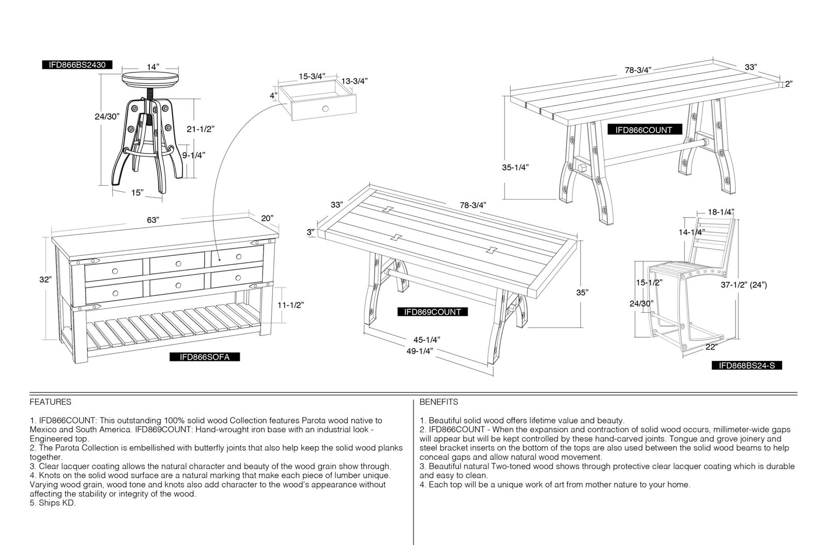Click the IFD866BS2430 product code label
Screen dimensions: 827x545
pos(77,65)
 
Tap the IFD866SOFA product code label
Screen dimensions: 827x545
pos(205,357)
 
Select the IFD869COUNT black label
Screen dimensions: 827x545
pos(432,312)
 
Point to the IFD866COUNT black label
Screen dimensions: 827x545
pos(644,130)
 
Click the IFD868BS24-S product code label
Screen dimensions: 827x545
pos(747,366)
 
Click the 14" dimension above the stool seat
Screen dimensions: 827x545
pos(153,67)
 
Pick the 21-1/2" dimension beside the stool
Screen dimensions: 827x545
pos(201,129)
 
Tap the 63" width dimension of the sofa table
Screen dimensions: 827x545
pos(153,220)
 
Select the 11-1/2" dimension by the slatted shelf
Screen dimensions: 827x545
pos(290,305)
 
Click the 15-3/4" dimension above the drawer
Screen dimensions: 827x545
pos(312,77)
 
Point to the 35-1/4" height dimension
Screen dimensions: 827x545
pos(515,167)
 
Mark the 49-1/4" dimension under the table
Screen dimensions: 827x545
pos(419,351)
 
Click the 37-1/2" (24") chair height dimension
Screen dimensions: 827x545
pos(744,285)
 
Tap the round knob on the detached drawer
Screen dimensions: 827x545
pos(325,109)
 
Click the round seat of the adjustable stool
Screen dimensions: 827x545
pos(150,79)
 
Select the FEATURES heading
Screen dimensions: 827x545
pos(51,402)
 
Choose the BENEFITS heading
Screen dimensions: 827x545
pos(439,402)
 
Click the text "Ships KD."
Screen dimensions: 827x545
pos(53,503)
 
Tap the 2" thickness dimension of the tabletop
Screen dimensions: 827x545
pos(789,84)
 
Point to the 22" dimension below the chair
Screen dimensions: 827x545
pos(711,347)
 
